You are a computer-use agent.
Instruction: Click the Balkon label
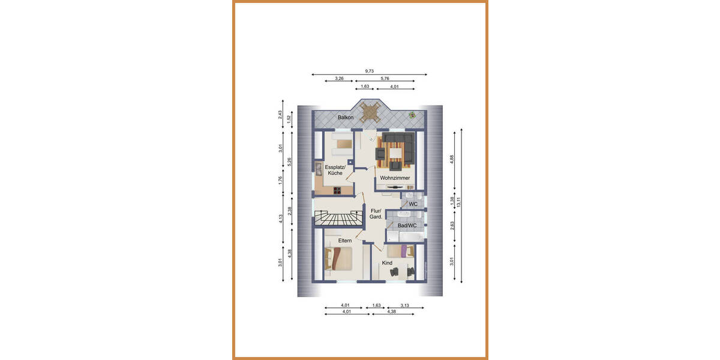click(x=345, y=118)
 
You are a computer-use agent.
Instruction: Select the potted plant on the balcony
click(x=412, y=115)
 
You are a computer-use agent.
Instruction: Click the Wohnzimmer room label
click(x=395, y=178)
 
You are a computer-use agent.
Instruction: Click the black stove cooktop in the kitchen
click(x=337, y=191)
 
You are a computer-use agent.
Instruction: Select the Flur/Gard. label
click(x=376, y=214)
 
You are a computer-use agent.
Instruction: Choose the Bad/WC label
click(x=407, y=226)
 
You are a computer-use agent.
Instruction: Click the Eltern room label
click(x=344, y=241)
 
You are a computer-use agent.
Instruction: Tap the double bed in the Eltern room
click(x=338, y=259)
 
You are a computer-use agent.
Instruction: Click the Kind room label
click(x=387, y=263)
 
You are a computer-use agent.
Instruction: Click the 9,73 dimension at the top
click(x=369, y=71)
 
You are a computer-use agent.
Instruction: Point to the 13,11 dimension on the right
click(x=459, y=204)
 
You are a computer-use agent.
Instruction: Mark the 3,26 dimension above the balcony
click(x=339, y=79)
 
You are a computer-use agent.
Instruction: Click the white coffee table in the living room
click(x=396, y=155)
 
